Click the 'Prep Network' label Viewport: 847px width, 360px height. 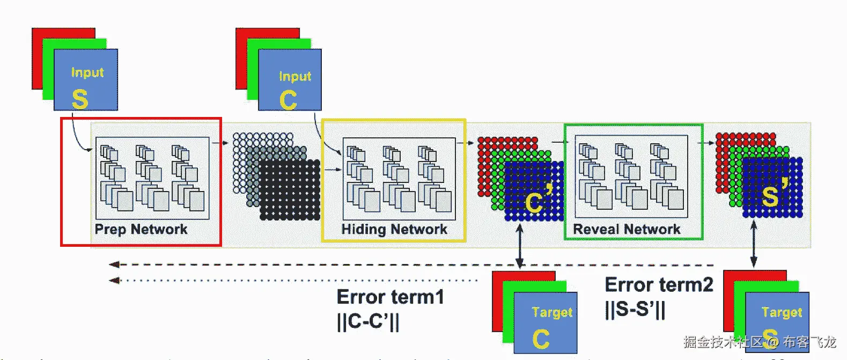141,230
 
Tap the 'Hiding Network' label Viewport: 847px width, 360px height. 394,230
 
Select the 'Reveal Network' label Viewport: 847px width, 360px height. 627,230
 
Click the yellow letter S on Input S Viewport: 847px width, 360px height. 80,99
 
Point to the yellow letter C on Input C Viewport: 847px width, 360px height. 288,100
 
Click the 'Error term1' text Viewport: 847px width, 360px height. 391,297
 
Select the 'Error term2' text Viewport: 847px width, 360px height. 659,284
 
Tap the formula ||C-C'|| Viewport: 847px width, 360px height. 368,321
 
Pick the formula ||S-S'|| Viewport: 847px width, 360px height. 635,309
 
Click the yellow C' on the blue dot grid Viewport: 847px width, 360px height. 539,199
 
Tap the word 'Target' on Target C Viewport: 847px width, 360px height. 552,312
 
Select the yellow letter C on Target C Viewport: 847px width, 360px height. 541,339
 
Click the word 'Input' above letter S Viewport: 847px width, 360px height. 87,72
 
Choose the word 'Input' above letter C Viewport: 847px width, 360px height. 295,76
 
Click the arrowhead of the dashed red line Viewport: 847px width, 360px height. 114,265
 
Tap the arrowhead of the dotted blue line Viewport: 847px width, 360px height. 114,280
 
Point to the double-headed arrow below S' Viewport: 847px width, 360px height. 754,244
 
